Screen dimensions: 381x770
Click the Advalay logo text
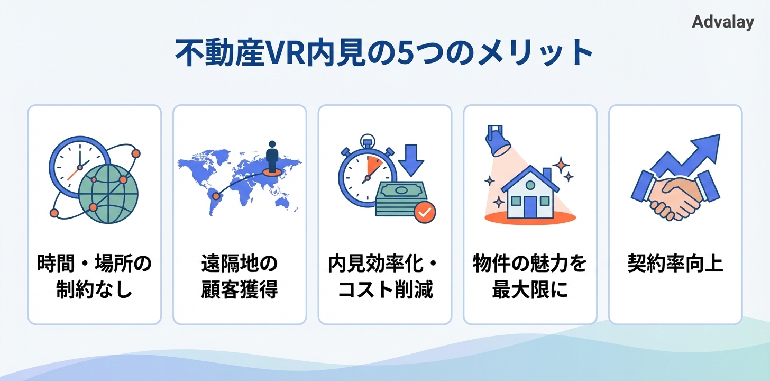722,22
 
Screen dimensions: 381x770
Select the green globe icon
108,190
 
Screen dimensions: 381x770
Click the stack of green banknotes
399,198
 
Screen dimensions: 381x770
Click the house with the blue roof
530,192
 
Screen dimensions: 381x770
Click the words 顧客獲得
240,291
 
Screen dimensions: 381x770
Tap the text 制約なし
94,291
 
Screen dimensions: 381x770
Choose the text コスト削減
385,291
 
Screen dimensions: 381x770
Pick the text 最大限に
530,291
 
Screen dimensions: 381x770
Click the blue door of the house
530,206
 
